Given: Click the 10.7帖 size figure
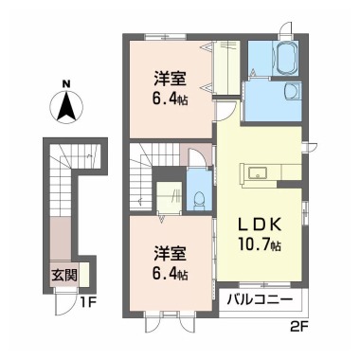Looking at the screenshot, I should [260, 246].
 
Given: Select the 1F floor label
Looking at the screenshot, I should [89, 302].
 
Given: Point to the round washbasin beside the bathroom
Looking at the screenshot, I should [285, 93].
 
